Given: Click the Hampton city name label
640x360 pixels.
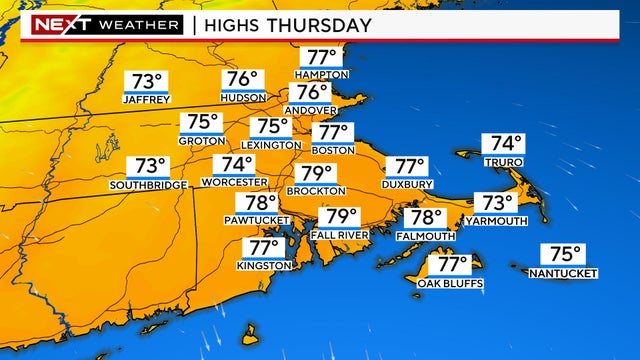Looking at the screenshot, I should (x=322, y=75).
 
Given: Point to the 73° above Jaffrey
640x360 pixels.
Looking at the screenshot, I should (x=146, y=81).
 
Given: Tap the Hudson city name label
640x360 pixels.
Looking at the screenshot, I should (x=243, y=97).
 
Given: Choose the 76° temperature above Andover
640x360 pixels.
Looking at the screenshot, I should (x=312, y=92).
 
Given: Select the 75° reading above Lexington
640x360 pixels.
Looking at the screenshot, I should (x=270, y=127).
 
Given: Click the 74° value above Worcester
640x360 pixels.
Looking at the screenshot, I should (x=238, y=164).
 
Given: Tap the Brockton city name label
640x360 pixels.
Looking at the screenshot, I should (x=316, y=190).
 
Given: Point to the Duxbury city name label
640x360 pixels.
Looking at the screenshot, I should (x=407, y=185).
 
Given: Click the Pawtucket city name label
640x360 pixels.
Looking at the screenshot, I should (x=256, y=220).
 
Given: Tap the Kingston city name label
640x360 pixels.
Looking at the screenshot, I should (x=264, y=265).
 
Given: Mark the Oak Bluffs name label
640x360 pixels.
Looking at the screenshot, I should (x=450, y=283).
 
